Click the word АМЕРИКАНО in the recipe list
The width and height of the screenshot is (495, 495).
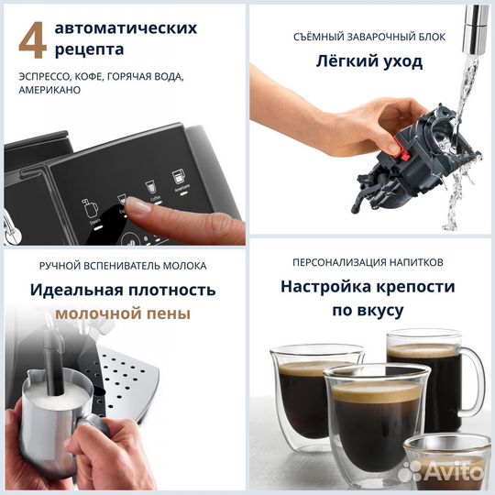click(49, 90)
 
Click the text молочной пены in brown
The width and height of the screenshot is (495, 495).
click(123, 313)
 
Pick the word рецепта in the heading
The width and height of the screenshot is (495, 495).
click(89, 48)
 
